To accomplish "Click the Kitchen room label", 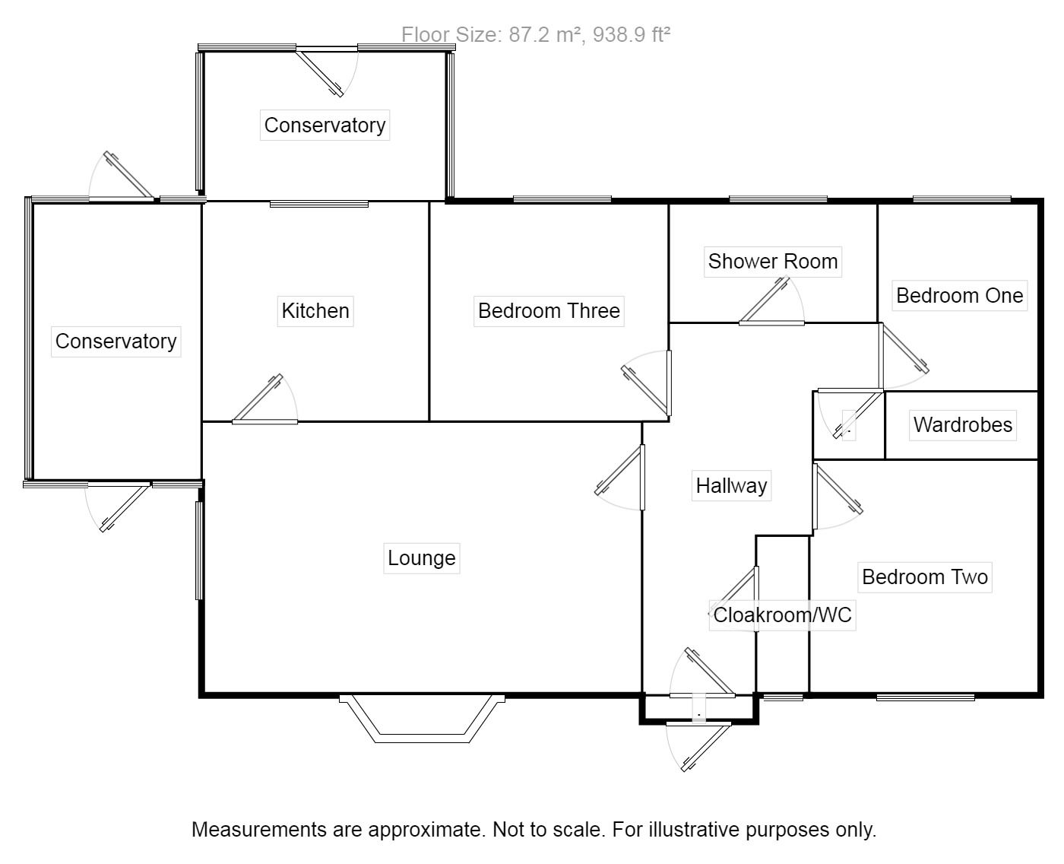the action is click(315, 310).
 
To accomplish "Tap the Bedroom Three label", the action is click(549, 310).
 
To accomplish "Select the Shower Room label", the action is click(772, 261).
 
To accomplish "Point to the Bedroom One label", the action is click(959, 295).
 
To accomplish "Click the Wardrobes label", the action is click(962, 424).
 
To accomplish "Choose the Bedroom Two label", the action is click(924, 577).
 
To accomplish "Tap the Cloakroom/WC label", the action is click(782, 615).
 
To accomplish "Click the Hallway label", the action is click(731, 485).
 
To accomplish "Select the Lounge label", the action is click(421, 557).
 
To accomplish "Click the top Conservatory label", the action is click(325, 125).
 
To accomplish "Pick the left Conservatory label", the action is click(116, 341).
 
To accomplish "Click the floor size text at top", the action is click(535, 34).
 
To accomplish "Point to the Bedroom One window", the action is click(961, 199).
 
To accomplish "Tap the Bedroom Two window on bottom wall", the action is click(925, 696).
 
